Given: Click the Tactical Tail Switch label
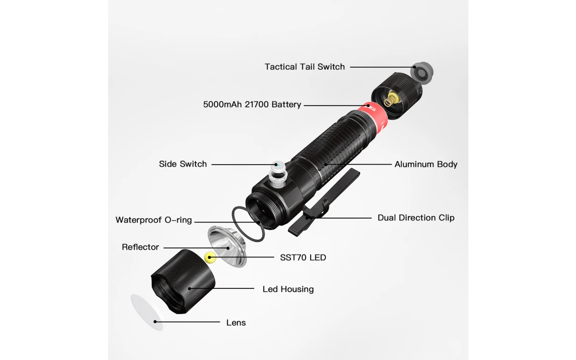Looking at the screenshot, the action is click(305, 67).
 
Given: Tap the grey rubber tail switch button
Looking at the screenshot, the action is click(422, 72).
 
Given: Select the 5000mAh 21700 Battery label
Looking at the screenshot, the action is click(252, 105).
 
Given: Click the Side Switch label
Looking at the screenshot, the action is click(182, 164).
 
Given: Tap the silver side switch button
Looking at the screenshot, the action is click(278, 174).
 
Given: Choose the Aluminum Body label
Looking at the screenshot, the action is click(426, 165).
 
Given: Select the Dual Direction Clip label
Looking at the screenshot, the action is click(416, 218).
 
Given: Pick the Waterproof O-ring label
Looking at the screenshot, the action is click(154, 220).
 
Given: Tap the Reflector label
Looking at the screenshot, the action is click(140, 247).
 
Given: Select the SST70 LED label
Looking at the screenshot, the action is click(303, 258).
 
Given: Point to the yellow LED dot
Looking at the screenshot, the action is click(210, 257).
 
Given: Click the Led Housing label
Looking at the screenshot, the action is click(288, 289).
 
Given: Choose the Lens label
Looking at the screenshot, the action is click(236, 323).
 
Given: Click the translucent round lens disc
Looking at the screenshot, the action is click(147, 313).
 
